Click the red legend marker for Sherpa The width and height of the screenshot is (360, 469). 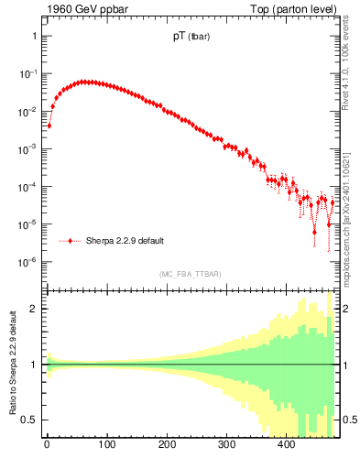[71, 241]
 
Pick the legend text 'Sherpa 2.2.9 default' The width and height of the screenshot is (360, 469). [125, 241]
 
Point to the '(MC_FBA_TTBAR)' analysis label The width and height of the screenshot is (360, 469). [190, 274]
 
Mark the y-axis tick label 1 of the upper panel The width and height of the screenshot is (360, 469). [34, 36]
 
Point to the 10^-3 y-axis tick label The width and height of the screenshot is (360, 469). [29, 148]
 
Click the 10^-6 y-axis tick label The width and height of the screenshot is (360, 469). [29, 262]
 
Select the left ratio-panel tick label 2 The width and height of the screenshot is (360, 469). [34, 309]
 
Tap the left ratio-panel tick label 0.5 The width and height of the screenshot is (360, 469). [30, 420]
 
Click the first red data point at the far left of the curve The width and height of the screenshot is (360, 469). [49, 125]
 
